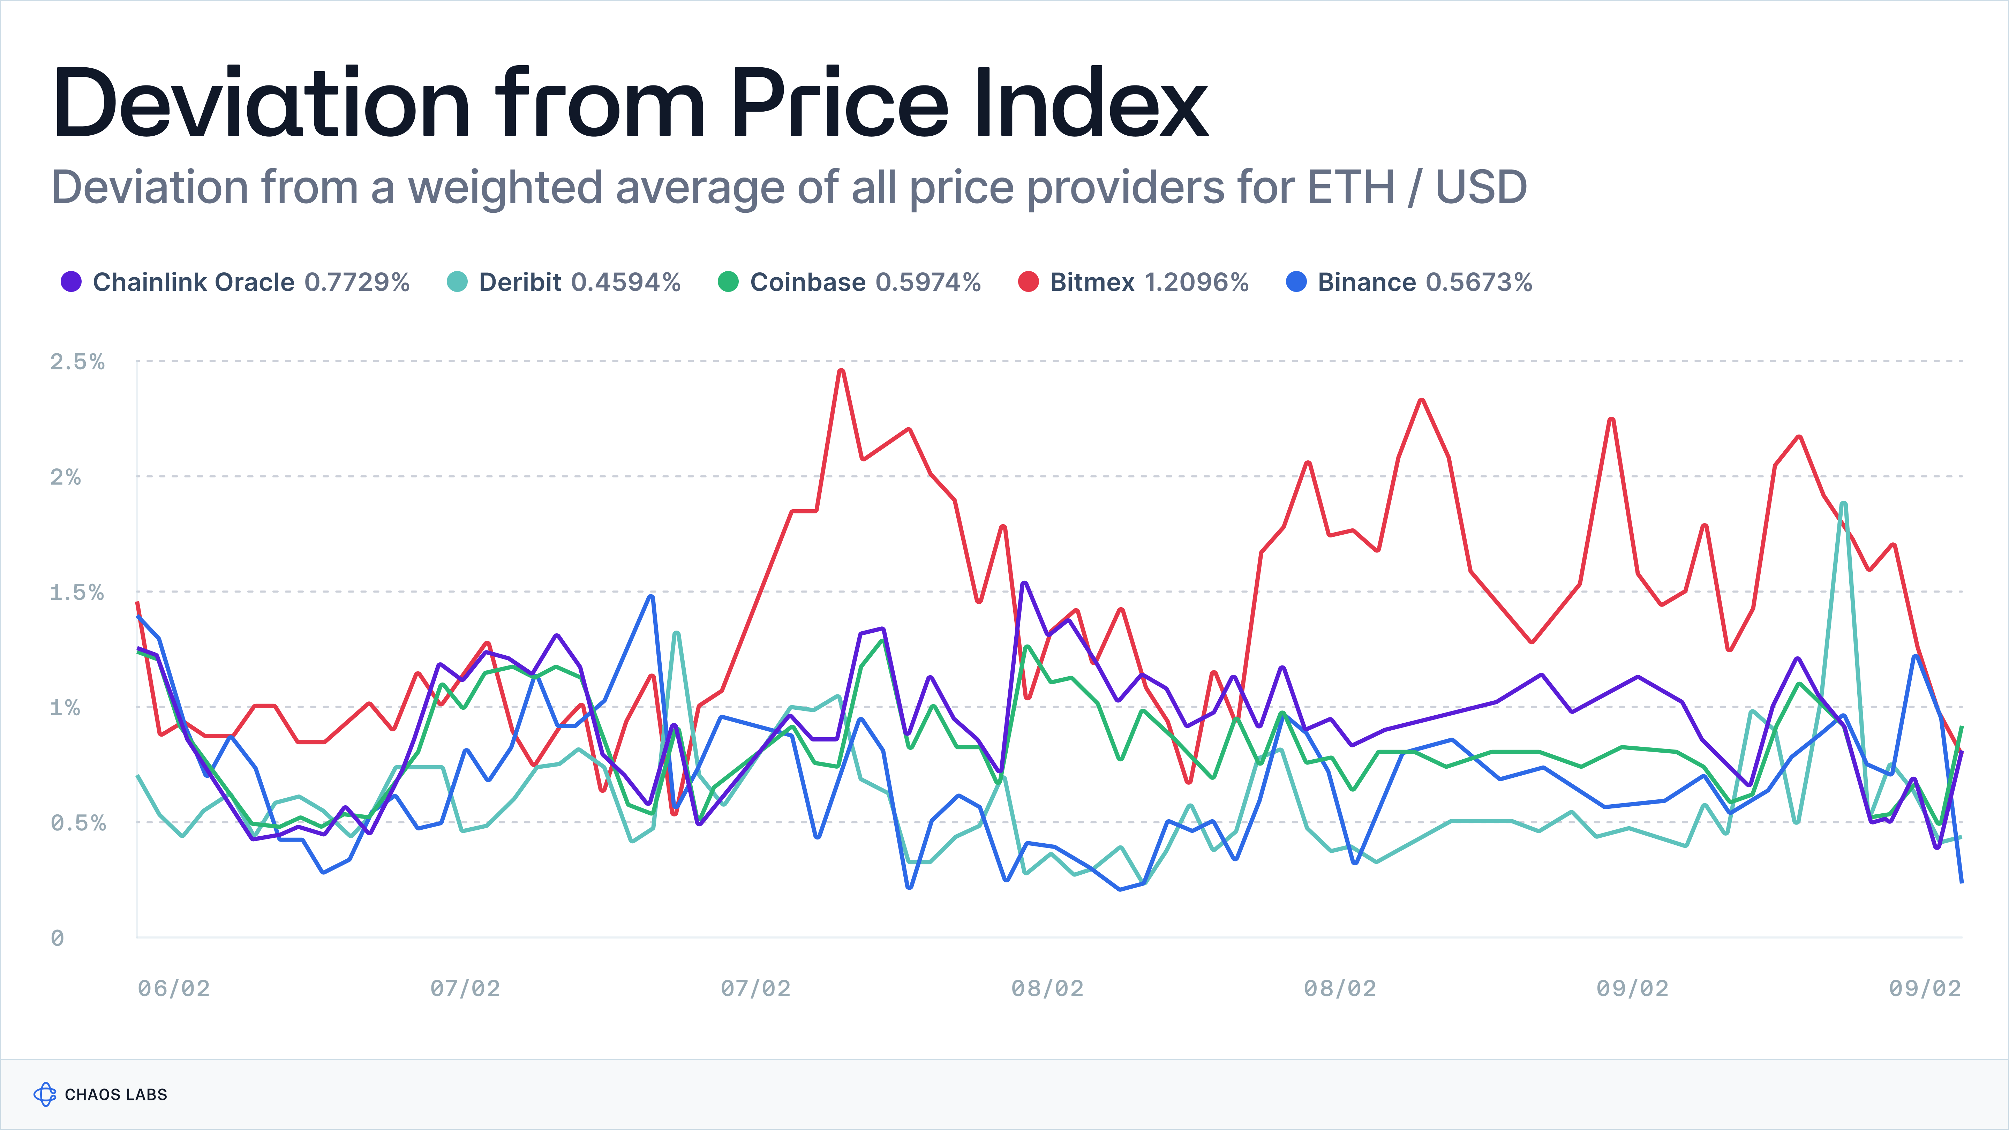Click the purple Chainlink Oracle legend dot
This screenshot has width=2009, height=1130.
tap(71, 282)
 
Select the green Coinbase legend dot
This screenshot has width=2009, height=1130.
tap(728, 282)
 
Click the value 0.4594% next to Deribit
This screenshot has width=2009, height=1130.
tap(625, 282)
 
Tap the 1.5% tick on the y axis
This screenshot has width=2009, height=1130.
tap(76, 593)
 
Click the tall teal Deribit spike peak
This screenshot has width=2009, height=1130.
tap(1843, 505)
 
